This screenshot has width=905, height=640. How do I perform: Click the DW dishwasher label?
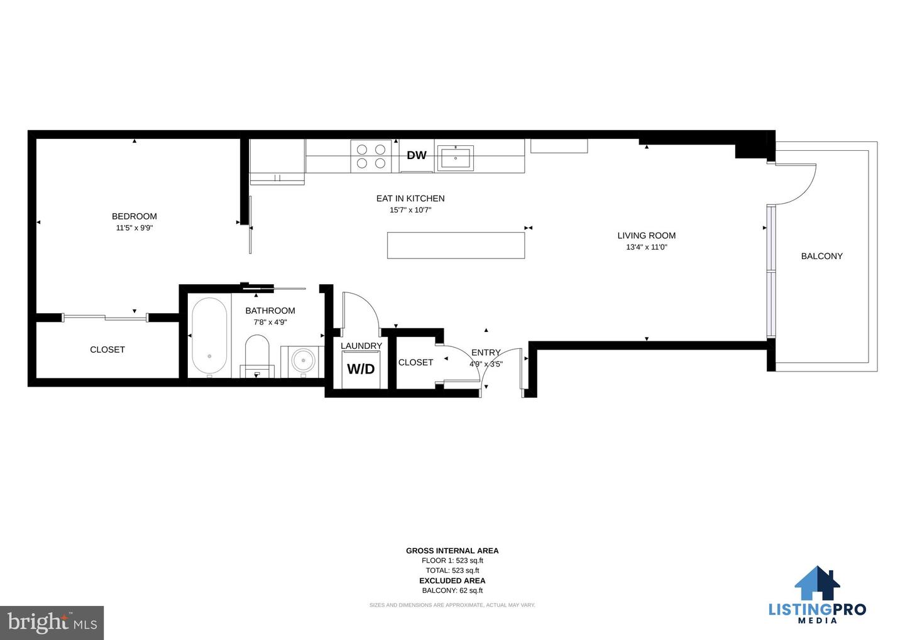(417, 155)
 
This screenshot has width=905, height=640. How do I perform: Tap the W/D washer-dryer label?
(361, 368)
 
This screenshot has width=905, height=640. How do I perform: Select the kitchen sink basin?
(455, 158)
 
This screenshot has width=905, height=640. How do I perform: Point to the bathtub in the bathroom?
(209, 336)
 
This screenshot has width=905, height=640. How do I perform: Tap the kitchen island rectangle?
(456, 245)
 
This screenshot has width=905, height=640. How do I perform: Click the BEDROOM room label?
(134, 216)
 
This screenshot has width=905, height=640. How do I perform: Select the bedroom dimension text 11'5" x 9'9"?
(134, 228)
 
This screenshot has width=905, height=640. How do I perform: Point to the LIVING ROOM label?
(647, 236)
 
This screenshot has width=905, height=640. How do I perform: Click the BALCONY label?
(822, 256)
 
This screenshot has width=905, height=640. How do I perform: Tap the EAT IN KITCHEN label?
(410, 199)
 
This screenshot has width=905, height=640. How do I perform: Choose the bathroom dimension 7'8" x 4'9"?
(270, 323)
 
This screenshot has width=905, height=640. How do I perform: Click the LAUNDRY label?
(361, 346)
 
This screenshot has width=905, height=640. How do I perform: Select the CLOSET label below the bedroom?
(107, 350)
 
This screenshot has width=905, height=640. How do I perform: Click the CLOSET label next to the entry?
(416, 362)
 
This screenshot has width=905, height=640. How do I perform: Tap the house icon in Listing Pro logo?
(817, 582)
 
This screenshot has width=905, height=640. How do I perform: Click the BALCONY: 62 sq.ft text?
(452, 590)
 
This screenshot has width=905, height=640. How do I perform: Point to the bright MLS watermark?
(52, 622)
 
